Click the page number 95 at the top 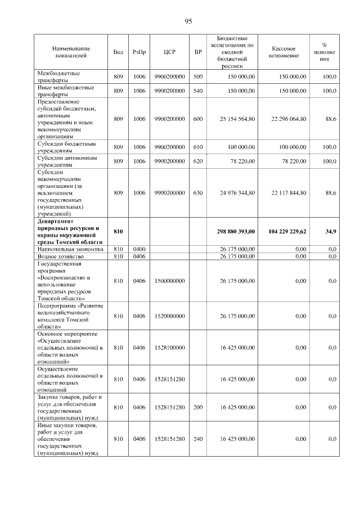click(x=188, y=21)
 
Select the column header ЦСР click(x=169, y=52)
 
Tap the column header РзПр click(x=139, y=52)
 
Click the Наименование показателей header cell click(x=71, y=52)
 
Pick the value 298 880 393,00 click(x=233, y=231)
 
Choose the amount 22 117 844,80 click(x=289, y=193)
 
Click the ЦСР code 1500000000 click(x=169, y=281)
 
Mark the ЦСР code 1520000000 click(x=169, y=317)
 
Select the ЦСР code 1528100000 click(x=169, y=348)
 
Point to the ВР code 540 click(x=198, y=91)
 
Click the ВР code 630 click(x=198, y=193)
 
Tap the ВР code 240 click(x=198, y=439)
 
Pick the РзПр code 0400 click(x=139, y=249)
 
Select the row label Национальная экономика click(x=70, y=249)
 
